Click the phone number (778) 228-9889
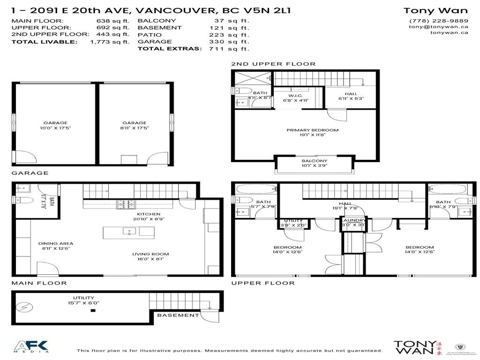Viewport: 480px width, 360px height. pyautogui.click(x=438, y=21)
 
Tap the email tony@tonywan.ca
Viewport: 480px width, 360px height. pyautogui.click(x=438, y=27)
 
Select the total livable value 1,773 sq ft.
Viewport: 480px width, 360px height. pyautogui.click(x=110, y=41)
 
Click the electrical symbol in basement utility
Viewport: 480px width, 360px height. pyautogui.click(x=22, y=307)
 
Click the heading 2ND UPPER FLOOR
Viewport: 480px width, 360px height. pyautogui.click(x=273, y=64)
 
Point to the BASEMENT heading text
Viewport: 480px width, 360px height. pyautogui.click(x=178, y=315)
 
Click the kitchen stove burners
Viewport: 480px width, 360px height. pyautogui.click(x=124, y=204)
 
